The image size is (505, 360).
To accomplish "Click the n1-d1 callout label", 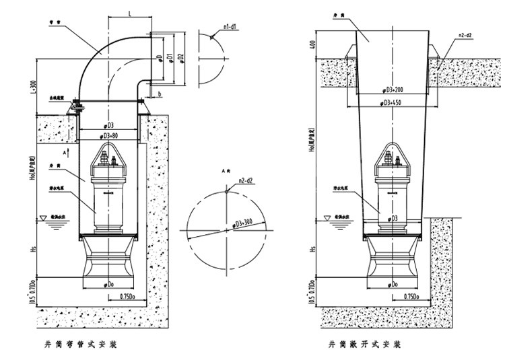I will click(232, 26).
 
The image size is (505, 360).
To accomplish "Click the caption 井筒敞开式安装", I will click(365, 345).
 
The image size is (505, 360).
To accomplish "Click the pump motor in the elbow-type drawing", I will click(108, 195).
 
